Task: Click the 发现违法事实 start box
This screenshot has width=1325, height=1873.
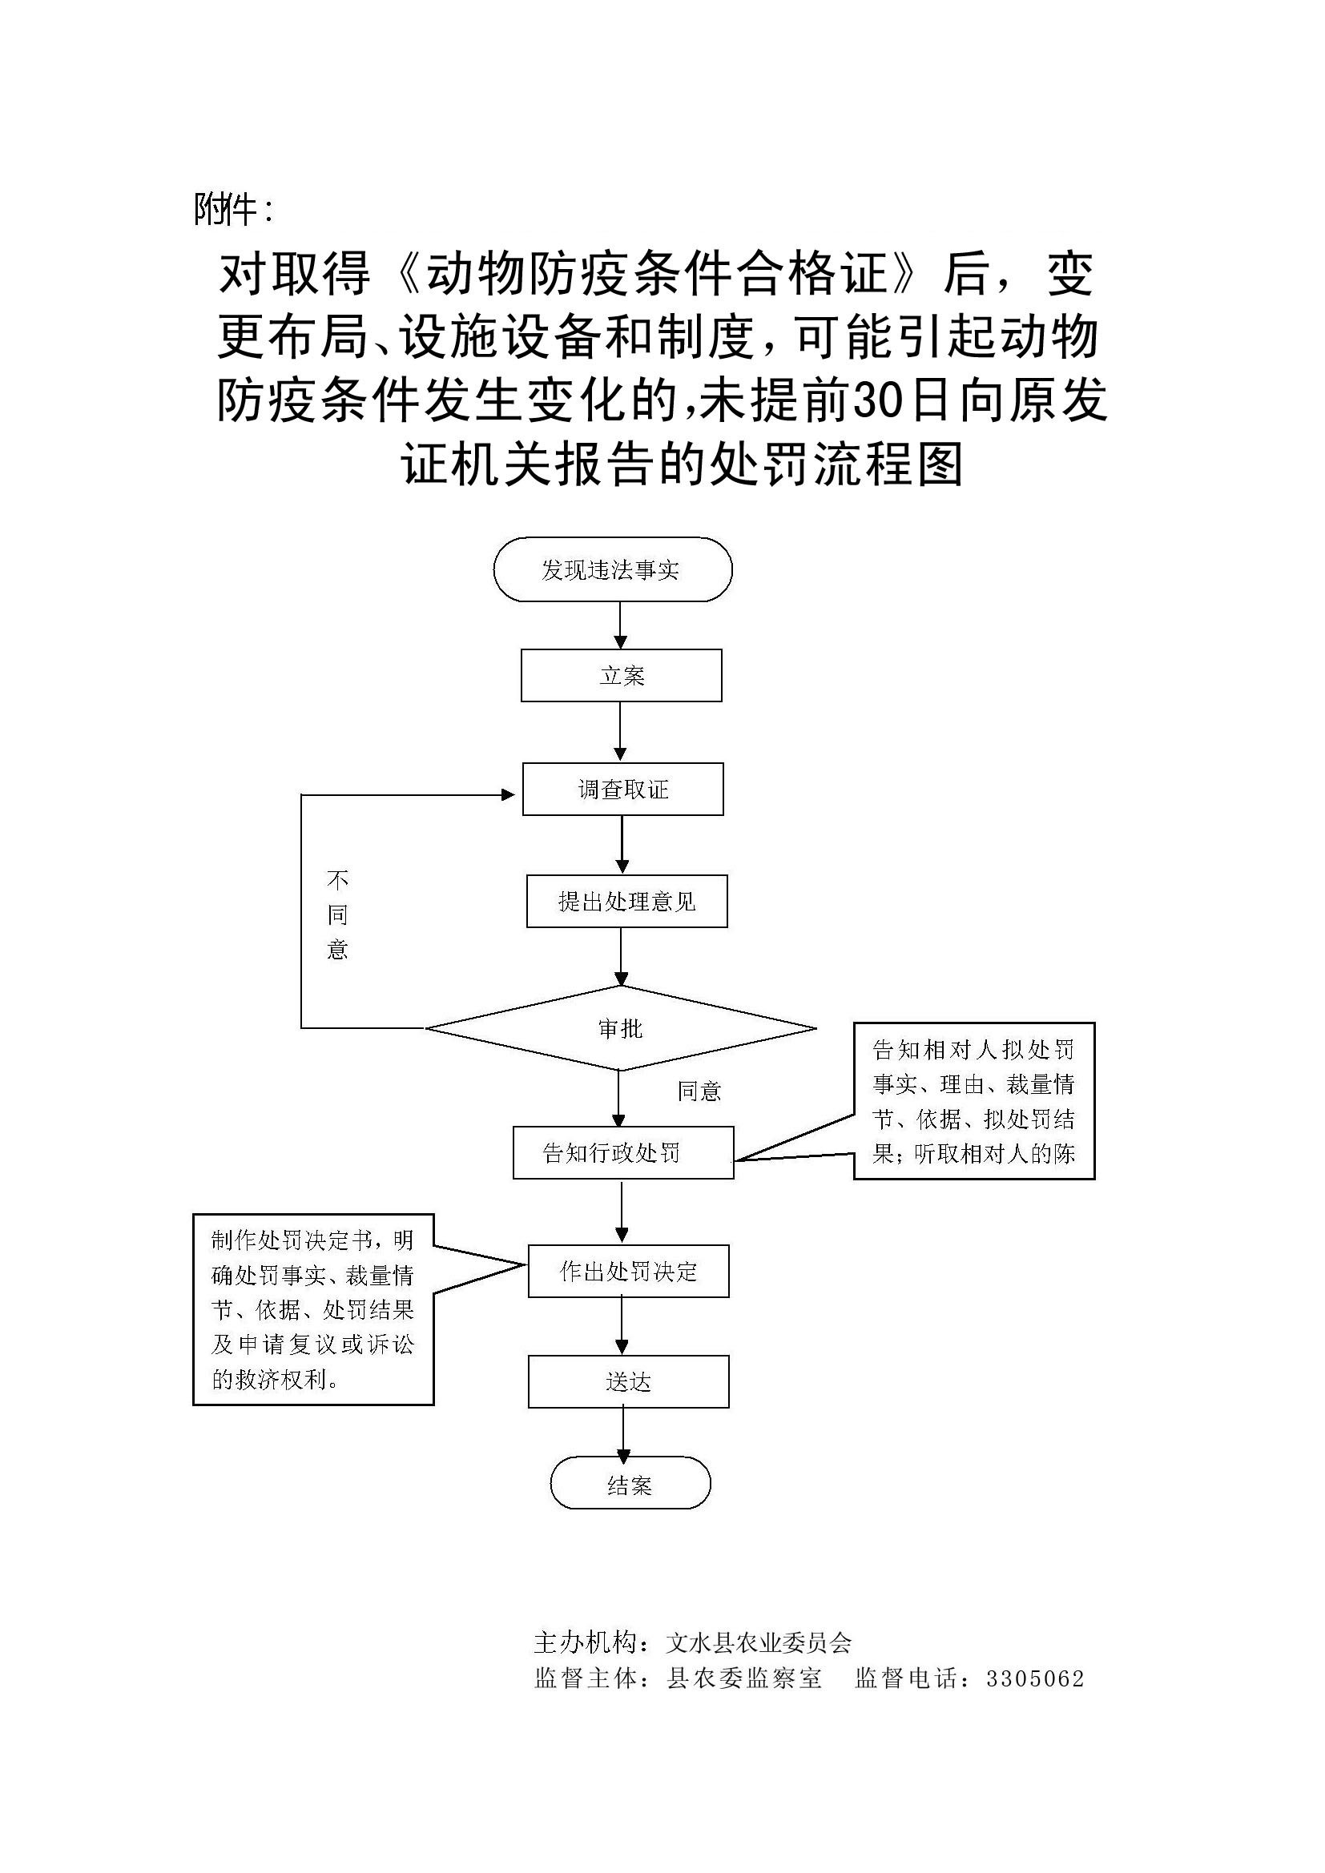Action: click(612, 569)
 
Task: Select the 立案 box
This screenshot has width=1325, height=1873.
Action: click(621, 676)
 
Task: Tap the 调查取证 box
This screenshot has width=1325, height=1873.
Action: click(622, 789)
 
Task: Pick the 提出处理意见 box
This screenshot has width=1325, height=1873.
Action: click(626, 902)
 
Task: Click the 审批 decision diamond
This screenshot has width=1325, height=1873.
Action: click(620, 1029)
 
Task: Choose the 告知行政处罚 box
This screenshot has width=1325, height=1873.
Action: click(622, 1152)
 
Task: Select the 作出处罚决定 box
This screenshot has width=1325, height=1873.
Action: click(628, 1271)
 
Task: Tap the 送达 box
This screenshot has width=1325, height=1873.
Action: click(628, 1382)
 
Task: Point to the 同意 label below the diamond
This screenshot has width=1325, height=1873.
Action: click(699, 1091)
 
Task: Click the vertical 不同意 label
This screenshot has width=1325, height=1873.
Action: click(337, 914)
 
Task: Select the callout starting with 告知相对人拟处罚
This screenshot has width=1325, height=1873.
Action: click(973, 1100)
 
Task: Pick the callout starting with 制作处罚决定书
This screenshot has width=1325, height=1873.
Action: click(313, 1309)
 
